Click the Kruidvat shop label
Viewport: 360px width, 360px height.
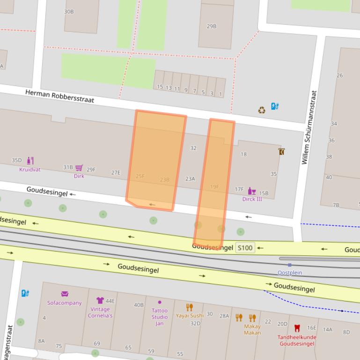(x=29, y=170)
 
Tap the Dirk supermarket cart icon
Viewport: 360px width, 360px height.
(x=79, y=168)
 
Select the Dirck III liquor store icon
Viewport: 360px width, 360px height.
(x=252, y=191)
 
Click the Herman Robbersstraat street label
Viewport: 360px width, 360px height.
(x=59, y=96)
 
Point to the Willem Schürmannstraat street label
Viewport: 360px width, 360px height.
(x=309, y=127)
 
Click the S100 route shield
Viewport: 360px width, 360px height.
(x=245, y=247)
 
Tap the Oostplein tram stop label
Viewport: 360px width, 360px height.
(x=290, y=273)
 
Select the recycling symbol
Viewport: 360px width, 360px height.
(x=262, y=110)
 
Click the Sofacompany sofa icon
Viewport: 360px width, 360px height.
(x=65, y=294)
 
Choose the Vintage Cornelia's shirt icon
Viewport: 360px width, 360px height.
(x=100, y=300)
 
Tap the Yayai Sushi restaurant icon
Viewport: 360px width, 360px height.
(x=189, y=307)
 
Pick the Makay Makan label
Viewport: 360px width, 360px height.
(x=252, y=330)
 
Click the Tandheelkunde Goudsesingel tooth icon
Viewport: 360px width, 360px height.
(x=296, y=328)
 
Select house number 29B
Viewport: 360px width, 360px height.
(x=212, y=26)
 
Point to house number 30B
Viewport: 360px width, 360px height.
(x=69, y=11)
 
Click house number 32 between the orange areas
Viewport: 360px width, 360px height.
(x=193, y=148)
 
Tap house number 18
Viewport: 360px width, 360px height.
(x=243, y=154)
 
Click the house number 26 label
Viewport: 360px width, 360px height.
(x=339, y=75)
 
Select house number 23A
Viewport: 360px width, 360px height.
(x=190, y=179)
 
